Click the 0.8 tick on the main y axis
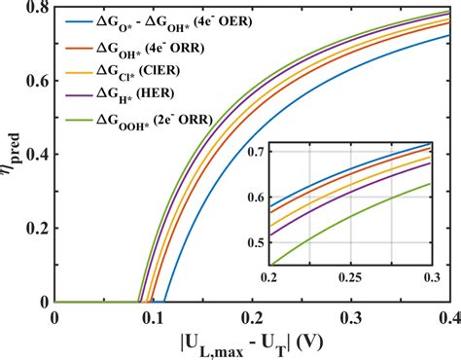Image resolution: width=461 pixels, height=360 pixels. tap(40, 10)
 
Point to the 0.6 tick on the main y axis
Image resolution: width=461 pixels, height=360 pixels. tap(40, 83)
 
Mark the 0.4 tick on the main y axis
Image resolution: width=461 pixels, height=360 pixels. tap(40, 156)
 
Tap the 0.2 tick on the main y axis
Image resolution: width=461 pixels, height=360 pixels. tap(40, 229)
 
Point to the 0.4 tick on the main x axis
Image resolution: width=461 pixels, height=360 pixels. tap(448, 316)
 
